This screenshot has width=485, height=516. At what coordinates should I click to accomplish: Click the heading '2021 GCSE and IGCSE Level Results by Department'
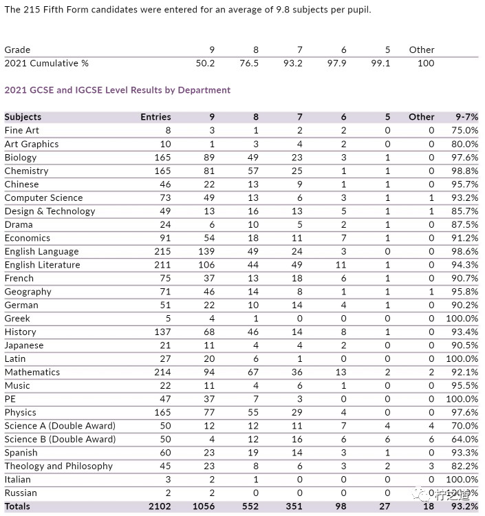[118, 90]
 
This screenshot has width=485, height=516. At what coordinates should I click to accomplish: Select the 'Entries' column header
[155, 117]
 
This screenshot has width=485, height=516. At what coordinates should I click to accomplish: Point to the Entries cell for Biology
[162, 158]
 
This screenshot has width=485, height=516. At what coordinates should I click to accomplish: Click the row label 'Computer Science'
[44, 197]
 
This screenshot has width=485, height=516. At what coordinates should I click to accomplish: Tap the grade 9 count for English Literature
[206, 265]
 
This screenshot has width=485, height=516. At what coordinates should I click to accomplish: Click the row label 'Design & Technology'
[50, 211]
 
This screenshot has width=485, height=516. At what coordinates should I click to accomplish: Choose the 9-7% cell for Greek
[462, 319]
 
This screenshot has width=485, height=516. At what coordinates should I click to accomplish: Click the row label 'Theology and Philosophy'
[58, 466]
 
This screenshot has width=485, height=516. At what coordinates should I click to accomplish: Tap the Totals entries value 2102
[158, 506]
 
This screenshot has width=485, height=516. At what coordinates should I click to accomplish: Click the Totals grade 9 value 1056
[204, 506]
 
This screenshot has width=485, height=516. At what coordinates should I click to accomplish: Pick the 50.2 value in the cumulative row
[205, 63]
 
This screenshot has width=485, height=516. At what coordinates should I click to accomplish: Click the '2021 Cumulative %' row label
[47, 63]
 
